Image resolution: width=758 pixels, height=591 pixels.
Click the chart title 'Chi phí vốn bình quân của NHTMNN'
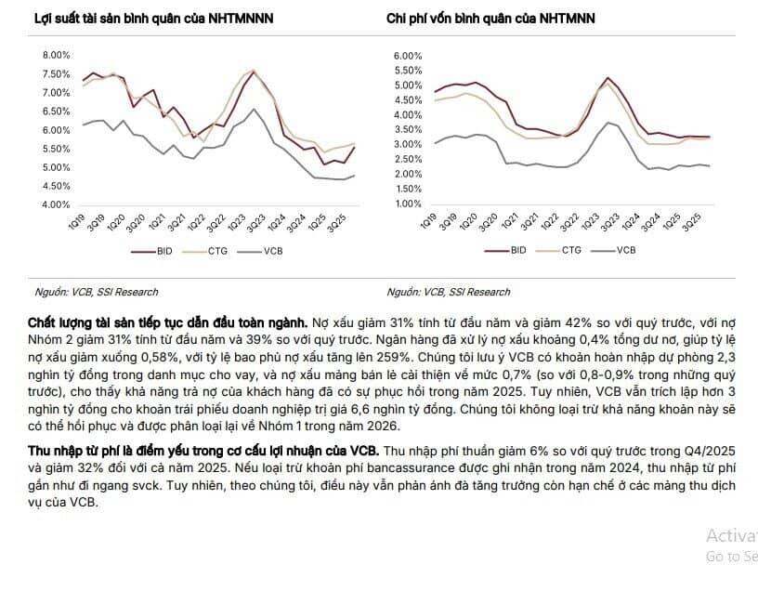(490, 19)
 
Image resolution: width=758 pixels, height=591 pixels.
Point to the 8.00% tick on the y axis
(57, 56)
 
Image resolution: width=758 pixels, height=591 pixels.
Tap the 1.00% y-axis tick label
(409, 204)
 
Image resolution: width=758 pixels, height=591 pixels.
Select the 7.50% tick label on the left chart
(57, 74)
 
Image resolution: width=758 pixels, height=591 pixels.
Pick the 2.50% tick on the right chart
(409, 160)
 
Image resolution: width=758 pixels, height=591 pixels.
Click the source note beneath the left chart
(97, 292)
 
